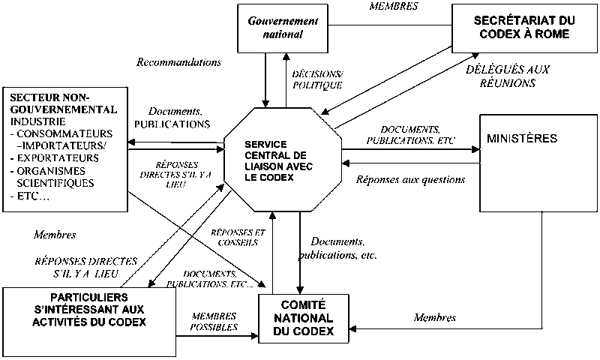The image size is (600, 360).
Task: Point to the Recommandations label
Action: (179, 62)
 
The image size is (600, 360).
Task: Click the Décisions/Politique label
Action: (315, 81)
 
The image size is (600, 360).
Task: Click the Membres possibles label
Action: (214, 321)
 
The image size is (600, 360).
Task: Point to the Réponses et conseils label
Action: (234, 237)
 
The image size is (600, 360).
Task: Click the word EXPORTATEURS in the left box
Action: (53, 158)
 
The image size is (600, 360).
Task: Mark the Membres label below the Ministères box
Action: (435, 317)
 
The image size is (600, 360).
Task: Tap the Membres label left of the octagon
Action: (55, 235)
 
